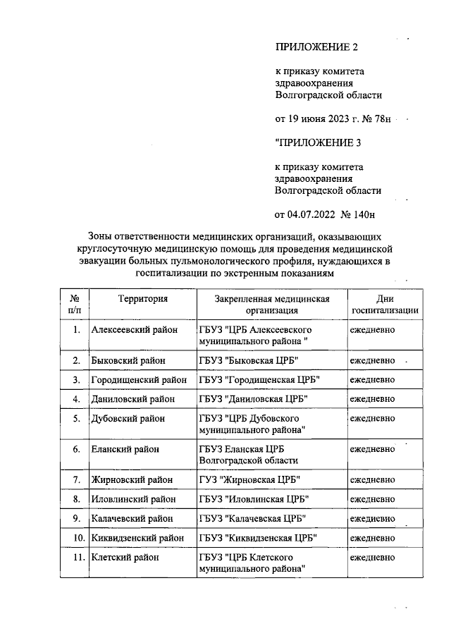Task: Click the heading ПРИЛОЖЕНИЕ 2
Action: click(316, 47)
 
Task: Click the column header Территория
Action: click(143, 298)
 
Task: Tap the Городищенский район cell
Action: click(139, 379)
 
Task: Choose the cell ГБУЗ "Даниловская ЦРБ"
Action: click(254, 398)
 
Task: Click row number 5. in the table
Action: click(76, 418)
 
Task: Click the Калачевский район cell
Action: click(132, 518)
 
